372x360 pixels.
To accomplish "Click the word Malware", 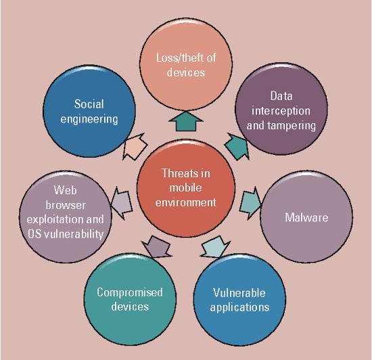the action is (306, 217).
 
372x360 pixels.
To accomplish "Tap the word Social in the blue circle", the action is (89, 104).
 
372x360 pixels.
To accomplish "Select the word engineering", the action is (89, 119).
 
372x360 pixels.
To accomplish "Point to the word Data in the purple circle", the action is (281, 96).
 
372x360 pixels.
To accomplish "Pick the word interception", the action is (281, 111).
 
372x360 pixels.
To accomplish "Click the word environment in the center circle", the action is (186, 202).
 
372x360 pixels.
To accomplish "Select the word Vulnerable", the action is (239, 293).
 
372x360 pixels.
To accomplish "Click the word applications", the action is (239, 307).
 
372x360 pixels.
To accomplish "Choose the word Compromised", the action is (130, 292).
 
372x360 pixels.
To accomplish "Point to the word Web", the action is (65, 190).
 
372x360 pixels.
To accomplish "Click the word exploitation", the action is (55, 219).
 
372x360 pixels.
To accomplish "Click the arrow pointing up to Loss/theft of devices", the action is (186, 121).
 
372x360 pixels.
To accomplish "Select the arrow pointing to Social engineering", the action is (135, 146).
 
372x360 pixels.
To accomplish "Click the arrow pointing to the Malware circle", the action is (250, 204).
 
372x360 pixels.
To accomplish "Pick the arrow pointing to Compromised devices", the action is (157, 247).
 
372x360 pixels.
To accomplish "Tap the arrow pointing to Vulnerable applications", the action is (215, 247).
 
